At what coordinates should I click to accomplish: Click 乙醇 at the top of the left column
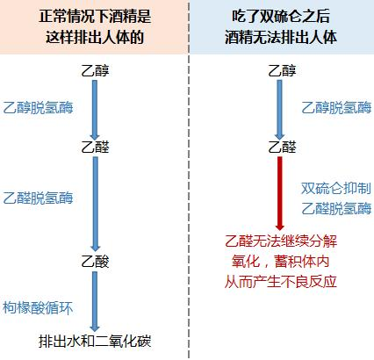pos(95,71)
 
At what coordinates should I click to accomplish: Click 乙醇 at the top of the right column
pos(282,71)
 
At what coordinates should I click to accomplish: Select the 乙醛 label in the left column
pos(95,147)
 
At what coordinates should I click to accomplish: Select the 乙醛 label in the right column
pos(282,147)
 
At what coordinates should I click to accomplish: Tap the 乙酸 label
pos(95,262)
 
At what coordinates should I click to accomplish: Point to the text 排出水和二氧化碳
pos(95,342)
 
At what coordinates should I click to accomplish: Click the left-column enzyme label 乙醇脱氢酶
pos(38,108)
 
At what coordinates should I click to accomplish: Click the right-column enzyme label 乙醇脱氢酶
pos(336,108)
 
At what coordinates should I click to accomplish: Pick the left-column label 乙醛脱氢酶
pos(38,198)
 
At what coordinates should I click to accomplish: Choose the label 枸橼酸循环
pos(38,308)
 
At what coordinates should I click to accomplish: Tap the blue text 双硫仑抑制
pos(336,189)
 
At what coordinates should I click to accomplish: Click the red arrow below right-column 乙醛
pos(280,193)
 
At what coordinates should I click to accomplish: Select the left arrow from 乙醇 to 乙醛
pos(95,110)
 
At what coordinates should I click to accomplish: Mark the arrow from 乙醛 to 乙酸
pos(95,204)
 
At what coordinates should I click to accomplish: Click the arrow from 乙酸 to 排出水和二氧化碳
pos(95,301)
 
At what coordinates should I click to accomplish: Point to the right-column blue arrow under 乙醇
pos(279,110)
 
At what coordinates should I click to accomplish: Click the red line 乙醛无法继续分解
pos(281,241)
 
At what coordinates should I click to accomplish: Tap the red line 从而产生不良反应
pos(281,282)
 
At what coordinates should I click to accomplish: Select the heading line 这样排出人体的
pos(95,38)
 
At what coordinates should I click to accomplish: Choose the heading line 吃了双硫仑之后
pos(281,16)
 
